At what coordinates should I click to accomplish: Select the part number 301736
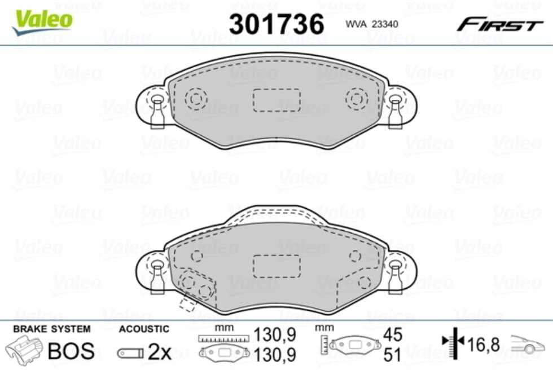[276, 24]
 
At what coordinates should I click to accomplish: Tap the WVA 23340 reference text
[372, 24]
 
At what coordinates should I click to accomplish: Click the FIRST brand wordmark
[500, 25]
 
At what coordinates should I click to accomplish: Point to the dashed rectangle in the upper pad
[276, 100]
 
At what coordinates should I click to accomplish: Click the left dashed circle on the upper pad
[196, 99]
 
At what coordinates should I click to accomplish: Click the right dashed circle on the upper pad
[357, 99]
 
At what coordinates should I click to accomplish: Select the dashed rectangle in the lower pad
[276, 266]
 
